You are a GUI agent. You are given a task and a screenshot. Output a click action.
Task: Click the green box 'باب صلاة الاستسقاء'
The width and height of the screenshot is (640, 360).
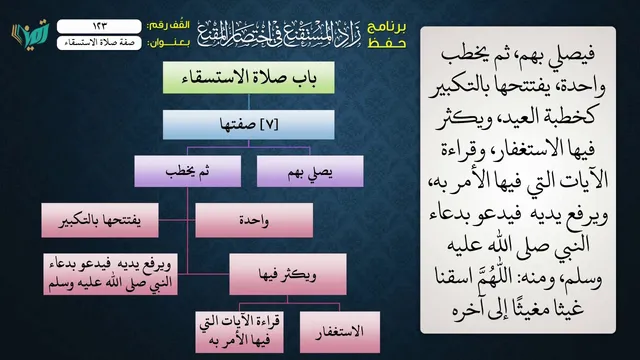pyautogui.click(x=249, y=78)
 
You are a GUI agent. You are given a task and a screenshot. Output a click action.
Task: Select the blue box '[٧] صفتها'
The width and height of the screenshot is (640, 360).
pyautogui.click(x=249, y=124)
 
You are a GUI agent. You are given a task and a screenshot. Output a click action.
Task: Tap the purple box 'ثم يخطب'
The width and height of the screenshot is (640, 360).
pyautogui.click(x=188, y=171)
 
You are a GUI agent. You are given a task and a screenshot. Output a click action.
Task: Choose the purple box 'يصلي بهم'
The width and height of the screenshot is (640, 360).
pyautogui.click(x=310, y=171)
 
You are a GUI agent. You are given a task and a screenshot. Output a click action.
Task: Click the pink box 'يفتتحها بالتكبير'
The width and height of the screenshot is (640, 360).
pyautogui.click(x=100, y=220)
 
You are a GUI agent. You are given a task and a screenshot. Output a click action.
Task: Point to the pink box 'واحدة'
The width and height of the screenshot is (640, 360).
pyautogui.click(x=254, y=220)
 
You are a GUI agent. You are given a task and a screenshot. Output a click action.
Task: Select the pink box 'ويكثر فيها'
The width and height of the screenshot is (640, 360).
pyautogui.click(x=288, y=274)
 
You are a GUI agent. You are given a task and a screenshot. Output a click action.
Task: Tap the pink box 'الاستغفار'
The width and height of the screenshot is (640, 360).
pyautogui.click(x=340, y=332)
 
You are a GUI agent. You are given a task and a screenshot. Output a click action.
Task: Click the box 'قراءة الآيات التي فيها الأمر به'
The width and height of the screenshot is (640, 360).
pyautogui.click(x=240, y=332)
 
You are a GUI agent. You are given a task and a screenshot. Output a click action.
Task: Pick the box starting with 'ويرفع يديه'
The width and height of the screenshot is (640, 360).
pyautogui.click(x=110, y=274)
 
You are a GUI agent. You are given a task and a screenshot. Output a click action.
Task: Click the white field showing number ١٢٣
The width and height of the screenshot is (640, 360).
pyautogui.click(x=99, y=26)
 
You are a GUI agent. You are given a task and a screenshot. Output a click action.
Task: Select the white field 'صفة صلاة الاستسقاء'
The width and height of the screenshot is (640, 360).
pyautogui.click(x=99, y=43)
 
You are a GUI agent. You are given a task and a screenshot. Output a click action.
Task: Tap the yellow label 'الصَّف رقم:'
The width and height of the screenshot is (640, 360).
pyautogui.click(x=168, y=26)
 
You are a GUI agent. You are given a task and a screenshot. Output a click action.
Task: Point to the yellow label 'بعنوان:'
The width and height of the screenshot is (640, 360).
pyautogui.click(x=168, y=43)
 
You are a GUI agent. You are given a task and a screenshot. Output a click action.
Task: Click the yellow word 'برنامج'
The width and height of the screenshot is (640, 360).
pyautogui.click(x=387, y=27)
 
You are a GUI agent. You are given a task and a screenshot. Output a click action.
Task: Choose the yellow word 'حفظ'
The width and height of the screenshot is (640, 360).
pyautogui.click(x=387, y=43)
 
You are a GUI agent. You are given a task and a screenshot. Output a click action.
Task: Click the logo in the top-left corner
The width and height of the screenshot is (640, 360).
pyautogui.click(x=30, y=34)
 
